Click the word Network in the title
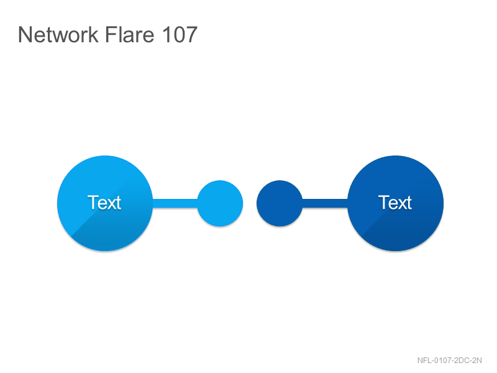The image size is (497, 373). pyautogui.click(x=58, y=34)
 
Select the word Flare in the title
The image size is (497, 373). pyautogui.click(x=129, y=34)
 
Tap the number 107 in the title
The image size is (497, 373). pyautogui.click(x=180, y=34)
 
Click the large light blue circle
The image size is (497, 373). pyautogui.click(x=105, y=203)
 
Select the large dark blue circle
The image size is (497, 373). pyautogui.click(x=395, y=203)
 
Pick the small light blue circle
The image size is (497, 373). pyautogui.click(x=220, y=203)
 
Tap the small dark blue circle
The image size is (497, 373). pyautogui.click(x=280, y=203)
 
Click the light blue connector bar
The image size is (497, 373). pyautogui.click(x=175, y=203)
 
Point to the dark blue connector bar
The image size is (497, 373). pyautogui.click(x=325, y=203)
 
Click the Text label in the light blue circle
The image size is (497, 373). pyautogui.click(x=104, y=203)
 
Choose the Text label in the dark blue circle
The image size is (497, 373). pyautogui.click(x=395, y=203)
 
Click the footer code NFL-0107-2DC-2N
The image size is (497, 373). pyautogui.click(x=449, y=361)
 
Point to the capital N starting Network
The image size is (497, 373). pyautogui.click(x=24, y=35)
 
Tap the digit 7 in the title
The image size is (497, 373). pyautogui.click(x=191, y=35)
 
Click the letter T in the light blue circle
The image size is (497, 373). pyautogui.click(x=93, y=203)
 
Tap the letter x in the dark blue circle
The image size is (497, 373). pyautogui.click(x=402, y=205)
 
